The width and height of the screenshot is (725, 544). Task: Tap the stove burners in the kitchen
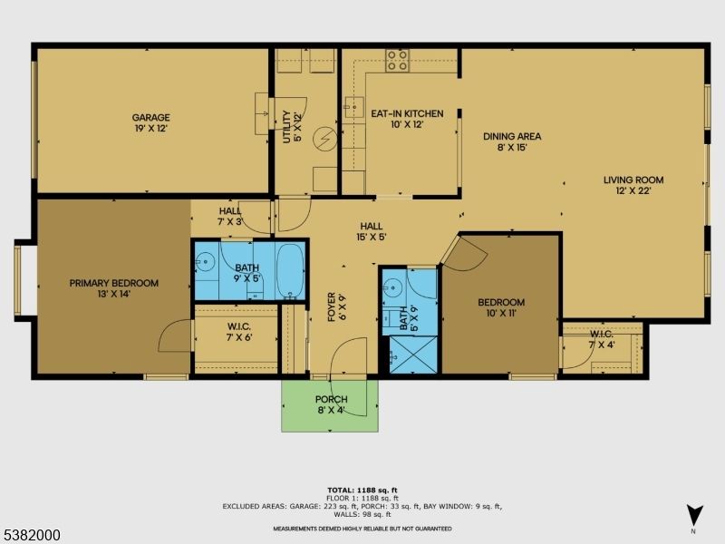pyautogui.click(x=398, y=61)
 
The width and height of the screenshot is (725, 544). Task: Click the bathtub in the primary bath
pyautogui.click(x=290, y=271)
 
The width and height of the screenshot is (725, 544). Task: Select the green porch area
pyautogui.click(x=330, y=405)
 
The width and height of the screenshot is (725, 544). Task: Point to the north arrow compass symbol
pyautogui.click(x=694, y=516)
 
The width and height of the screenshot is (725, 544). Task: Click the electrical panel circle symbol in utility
pyautogui.click(x=324, y=139)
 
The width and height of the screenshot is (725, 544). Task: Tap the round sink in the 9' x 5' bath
pyautogui.click(x=205, y=262)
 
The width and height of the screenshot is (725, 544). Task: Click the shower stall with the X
pyautogui.click(x=413, y=355)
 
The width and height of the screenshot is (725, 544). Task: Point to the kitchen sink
pyautogui.click(x=353, y=107)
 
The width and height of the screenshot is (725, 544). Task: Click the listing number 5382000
pyautogui.click(x=30, y=535)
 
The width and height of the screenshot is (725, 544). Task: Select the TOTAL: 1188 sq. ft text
pyautogui.click(x=362, y=491)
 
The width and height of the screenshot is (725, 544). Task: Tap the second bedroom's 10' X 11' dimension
pyautogui.click(x=501, y=313)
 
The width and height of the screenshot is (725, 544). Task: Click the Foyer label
pyautogui.click(x=331, y=306)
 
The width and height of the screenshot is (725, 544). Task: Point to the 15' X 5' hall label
pyautogui.click(x=372, y=237)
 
